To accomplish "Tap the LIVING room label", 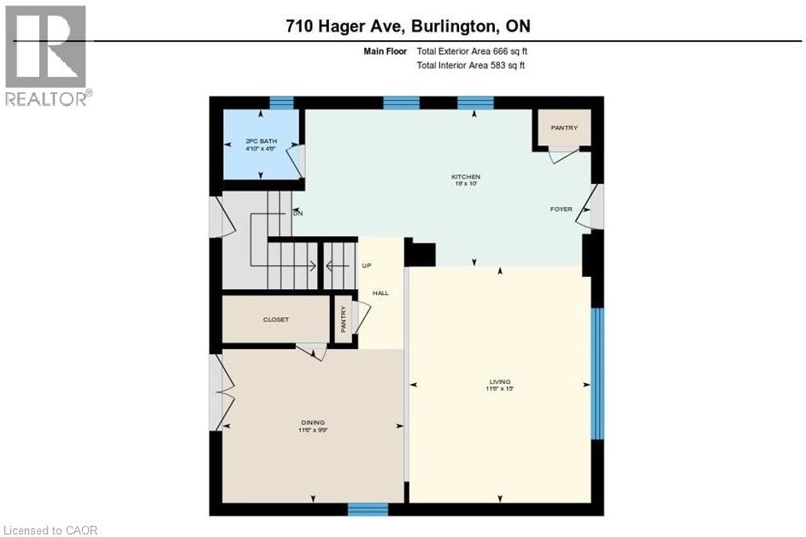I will click(500, 382).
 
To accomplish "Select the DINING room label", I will click(313, 422).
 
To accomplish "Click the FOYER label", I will click(561, 209).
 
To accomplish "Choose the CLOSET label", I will click(275, 320).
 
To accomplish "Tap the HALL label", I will click(380, 293).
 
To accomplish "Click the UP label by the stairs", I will click(367, 265).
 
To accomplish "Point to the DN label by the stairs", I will click(297, 213).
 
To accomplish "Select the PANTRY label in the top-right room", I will click(564, 128).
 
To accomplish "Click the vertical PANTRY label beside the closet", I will click(344, 321).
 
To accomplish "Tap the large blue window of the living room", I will click(597, 373).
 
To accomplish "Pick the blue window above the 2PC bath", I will click(281, 103).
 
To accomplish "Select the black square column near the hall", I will click(420, 254).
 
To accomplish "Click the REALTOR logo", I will click(46, 56).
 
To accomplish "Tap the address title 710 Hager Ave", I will click(408, 26).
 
